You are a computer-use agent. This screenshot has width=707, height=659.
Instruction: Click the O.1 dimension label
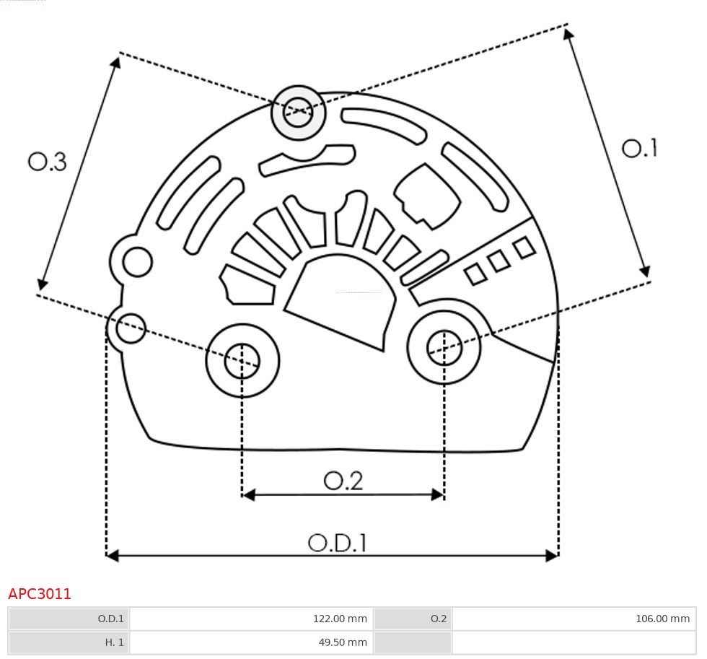click(x=639, y=148)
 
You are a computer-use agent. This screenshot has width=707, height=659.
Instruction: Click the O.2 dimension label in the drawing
click(x=343, y=481)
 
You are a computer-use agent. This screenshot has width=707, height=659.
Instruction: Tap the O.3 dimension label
click(x=48, y=162)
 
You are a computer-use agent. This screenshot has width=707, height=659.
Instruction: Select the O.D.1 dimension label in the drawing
click(x=337, y=543)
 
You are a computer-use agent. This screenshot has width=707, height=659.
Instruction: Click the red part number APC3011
click(x=40, y=594)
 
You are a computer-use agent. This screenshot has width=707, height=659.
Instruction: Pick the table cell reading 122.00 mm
click(x=250, y=619)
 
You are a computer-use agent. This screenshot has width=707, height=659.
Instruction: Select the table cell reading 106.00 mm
click(x=573, y=619)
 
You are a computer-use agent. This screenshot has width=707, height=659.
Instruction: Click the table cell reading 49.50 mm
click(x=250, y=642)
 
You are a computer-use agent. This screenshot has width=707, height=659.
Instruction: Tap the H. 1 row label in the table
click(x=69, y=642)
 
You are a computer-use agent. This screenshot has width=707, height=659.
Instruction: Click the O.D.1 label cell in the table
click(x=69, y=619)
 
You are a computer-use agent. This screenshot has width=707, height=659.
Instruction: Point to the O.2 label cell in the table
click(x=413, y=619)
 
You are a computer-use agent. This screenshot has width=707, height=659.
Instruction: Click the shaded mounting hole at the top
click(x=298, y=113)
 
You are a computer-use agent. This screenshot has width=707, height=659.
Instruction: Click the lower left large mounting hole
click(x=242, y=360)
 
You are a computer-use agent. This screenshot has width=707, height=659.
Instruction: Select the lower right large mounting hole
click(x=444, y=349)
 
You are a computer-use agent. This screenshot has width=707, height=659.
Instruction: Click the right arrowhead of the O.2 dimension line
click(x=438, y=494)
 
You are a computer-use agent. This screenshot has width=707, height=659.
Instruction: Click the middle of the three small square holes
click(x=499, y=261)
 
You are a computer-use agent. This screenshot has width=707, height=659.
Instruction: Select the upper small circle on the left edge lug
click(x=137, y=262)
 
